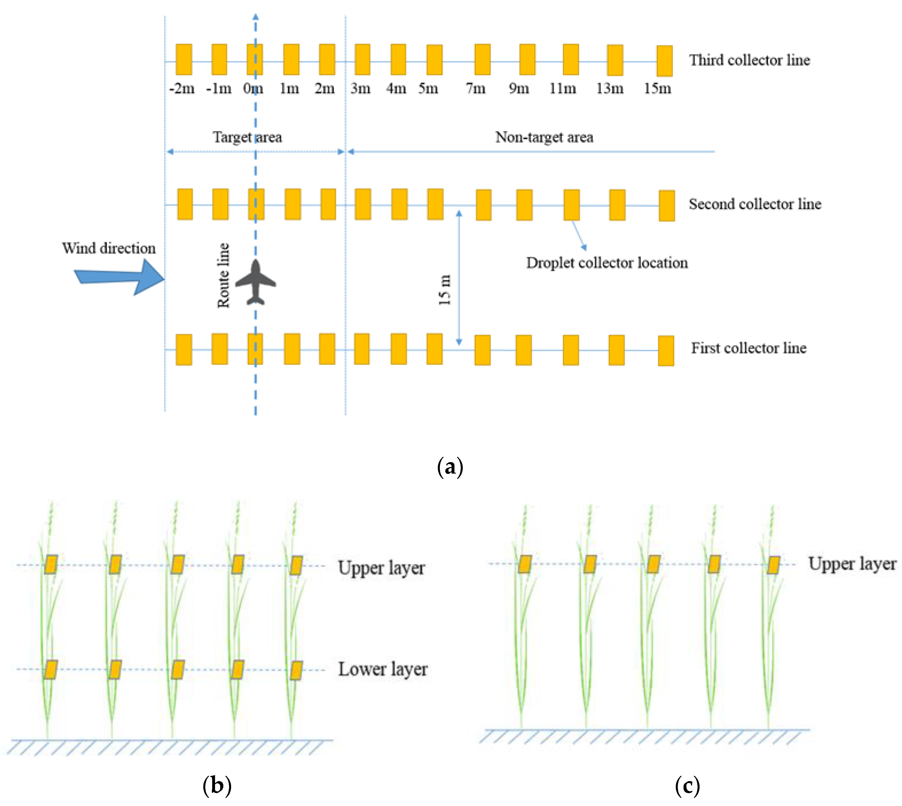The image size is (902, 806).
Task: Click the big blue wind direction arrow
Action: pyautogui.click(x=120, y=277)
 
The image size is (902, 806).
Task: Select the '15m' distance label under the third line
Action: pyautogui.click(x=657, y=88)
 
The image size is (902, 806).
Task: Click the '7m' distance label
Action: pyautogui.click(x=476, y=88)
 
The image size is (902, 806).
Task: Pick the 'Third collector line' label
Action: pyautogui.click(x=749, y=60)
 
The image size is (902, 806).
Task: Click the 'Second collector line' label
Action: pyautogui.click(x=755, y=204)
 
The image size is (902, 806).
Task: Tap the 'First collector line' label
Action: pyautogui.click(x=748, y=348)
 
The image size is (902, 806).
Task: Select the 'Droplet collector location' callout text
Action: pyautogui.click(x=607, y=263)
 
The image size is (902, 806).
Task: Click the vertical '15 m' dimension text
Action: pyautogui.click(x=445, y=290)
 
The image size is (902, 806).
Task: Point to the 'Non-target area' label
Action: pyautogui.click(x=544, y=137)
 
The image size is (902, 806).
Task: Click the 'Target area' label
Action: pyautogui.click(x=247, y=137)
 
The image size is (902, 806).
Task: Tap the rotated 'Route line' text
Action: pyautogui.click(x=223, y=275)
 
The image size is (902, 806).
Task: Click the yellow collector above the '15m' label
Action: pyautogui.click(x=664, y=61)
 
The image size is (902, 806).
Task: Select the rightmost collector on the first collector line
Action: pyautogui.click(x=665, y=351)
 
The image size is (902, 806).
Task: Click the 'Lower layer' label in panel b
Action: pyautogui.click(x=383, y=669)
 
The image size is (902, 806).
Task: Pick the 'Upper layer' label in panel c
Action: pyautogui.click(x=852, y=564)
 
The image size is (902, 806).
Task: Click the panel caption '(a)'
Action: pyautogui.click(x=450, y=467)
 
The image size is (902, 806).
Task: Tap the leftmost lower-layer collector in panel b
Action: pyautogui.click(x=51, y=670)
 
